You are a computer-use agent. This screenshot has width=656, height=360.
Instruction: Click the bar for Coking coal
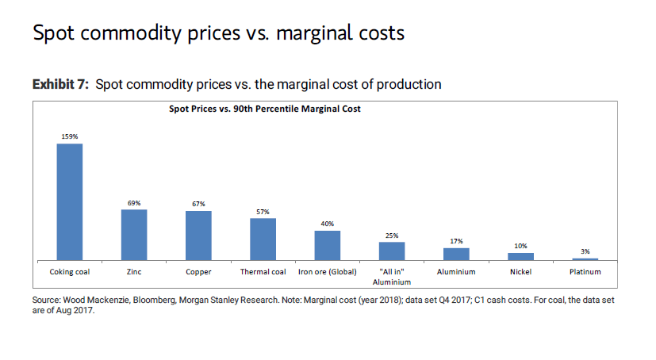(70, 202)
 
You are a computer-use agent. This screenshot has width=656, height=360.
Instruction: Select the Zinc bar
(134, 235)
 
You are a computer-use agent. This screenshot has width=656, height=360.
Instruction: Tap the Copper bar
(198, 236)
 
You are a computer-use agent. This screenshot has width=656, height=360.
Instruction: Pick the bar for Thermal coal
(263, 239)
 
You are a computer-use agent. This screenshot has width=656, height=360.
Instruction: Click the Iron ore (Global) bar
(327, 246)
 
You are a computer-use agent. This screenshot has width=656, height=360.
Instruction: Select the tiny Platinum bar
(585, 259)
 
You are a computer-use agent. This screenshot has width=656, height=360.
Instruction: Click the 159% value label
(70, 137)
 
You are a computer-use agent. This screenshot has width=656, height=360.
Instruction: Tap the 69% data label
(134, 203)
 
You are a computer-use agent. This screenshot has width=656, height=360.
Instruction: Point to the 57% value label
(263, 212)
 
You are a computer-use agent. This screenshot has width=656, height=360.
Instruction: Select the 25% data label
(392, 236)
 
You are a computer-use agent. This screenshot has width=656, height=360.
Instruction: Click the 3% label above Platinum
(585, 251)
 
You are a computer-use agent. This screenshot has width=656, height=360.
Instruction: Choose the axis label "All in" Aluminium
(392, 277)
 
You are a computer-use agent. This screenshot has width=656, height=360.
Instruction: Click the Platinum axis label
(585, 272)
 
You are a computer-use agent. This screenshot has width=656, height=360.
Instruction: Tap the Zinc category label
(134, 272)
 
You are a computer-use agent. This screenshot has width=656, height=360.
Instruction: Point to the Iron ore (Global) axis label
(327, 272)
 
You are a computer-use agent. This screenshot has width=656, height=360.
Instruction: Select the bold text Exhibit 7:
(60, 84)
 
